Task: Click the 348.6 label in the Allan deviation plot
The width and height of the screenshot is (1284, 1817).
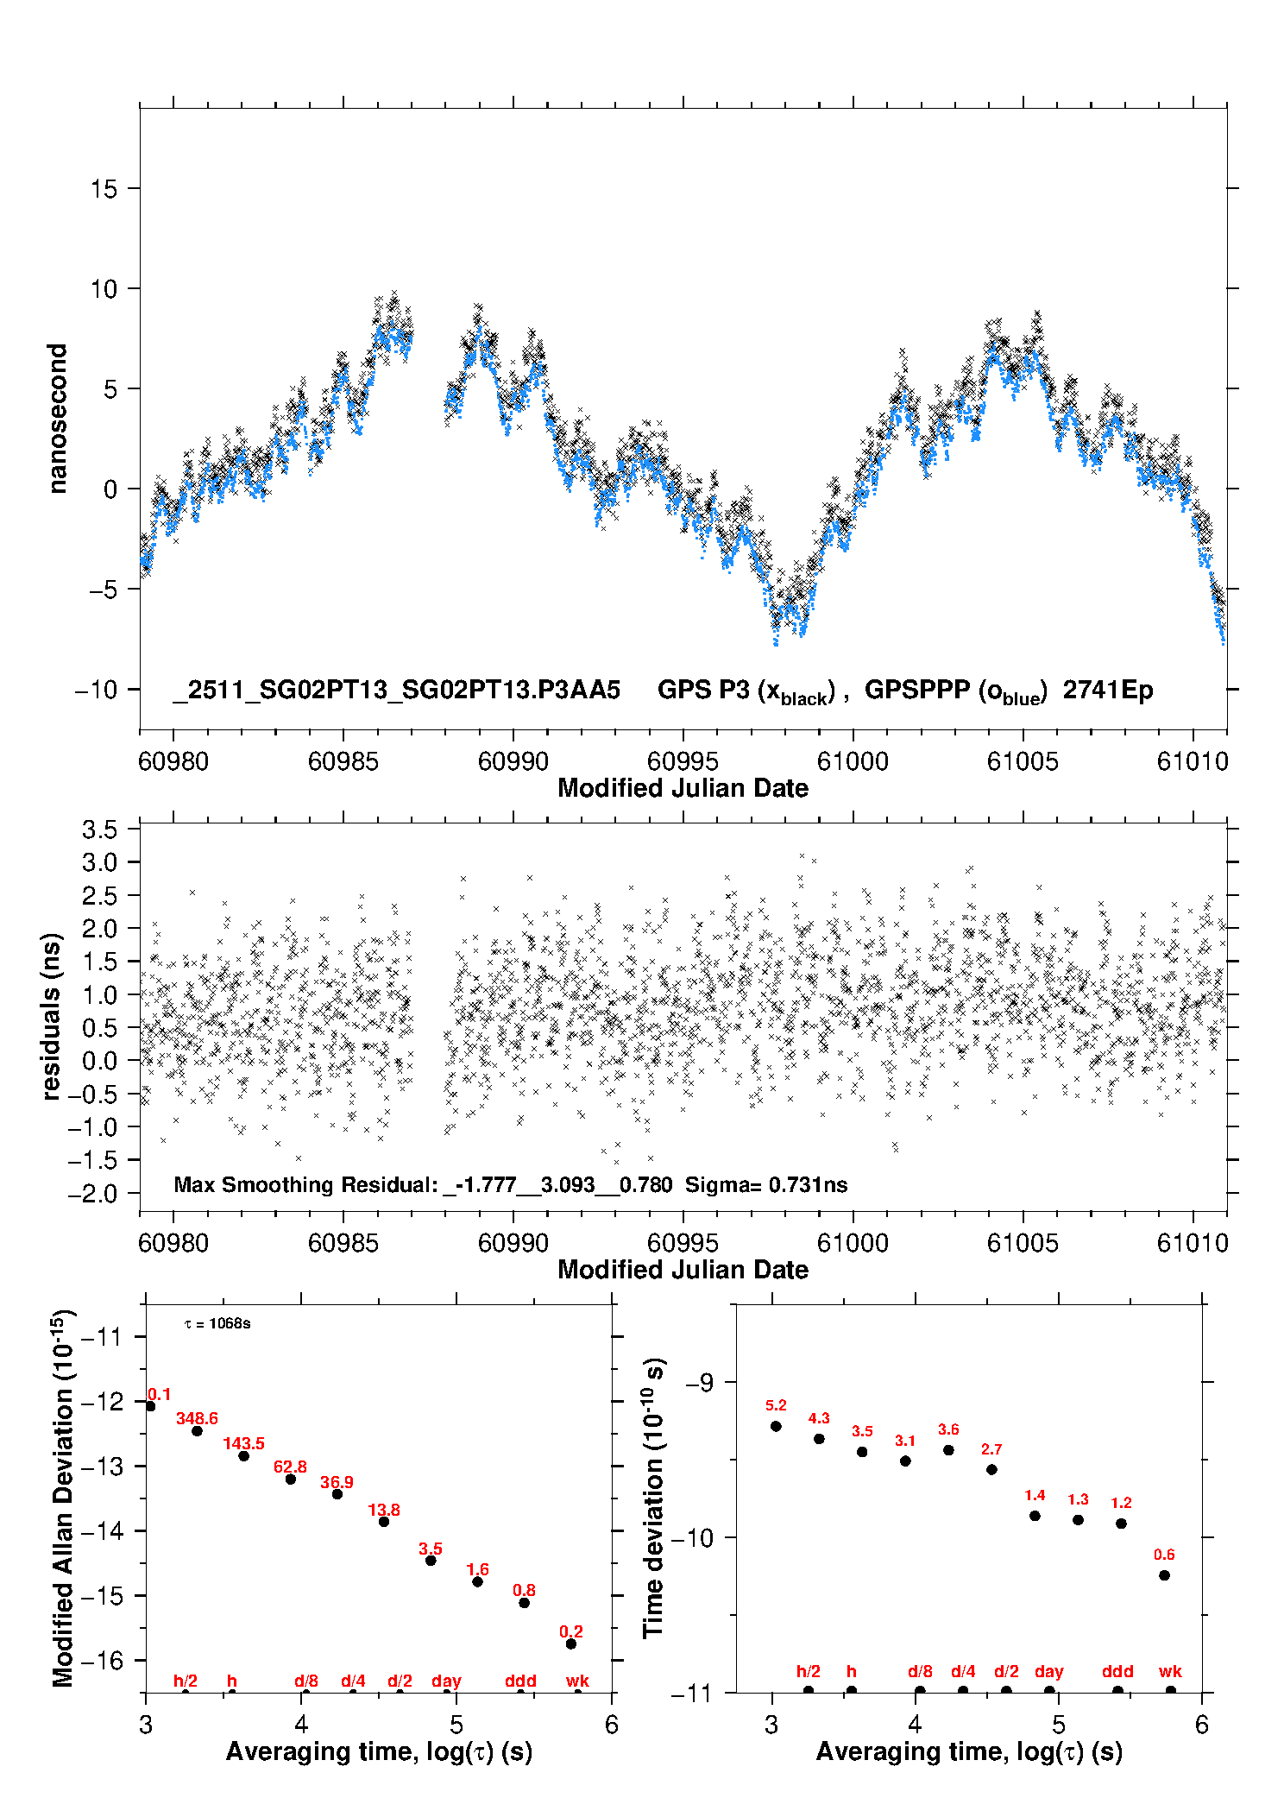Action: coord(197,1418)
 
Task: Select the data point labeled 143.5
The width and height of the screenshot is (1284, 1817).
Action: coord(244,1456)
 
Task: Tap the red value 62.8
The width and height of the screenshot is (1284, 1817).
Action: coord(290,1467)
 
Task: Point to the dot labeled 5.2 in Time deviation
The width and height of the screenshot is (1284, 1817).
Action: coord(776,1426)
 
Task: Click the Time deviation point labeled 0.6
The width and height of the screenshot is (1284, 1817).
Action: coord(1164,1575)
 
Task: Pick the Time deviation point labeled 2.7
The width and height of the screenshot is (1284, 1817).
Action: coord(991,1469)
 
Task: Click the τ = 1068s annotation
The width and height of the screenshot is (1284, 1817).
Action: coord(217,1324)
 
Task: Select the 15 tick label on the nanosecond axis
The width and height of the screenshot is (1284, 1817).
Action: coord(104,189)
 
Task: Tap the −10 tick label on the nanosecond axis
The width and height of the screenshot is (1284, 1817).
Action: coord(96,690)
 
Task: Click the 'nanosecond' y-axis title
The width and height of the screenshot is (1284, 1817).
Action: coord(58,419)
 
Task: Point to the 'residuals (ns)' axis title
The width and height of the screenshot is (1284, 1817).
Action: coord(52,1016)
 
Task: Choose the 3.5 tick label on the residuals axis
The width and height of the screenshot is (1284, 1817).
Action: coord(99,830)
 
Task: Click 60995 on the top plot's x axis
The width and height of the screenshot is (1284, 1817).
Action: coord(683,761)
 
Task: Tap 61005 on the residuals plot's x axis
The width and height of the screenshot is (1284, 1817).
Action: coord(1023,1243)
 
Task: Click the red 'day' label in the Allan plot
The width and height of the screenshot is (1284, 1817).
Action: coord(446,1681)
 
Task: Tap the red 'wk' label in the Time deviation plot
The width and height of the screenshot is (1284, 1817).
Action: coord(1170,1671)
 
